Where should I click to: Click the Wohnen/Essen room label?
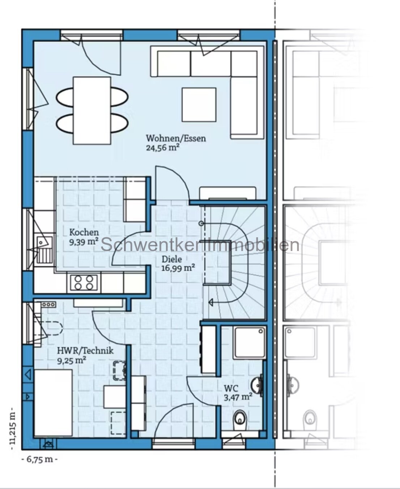tap(176, 138)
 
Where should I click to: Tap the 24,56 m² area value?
tap(162, 148)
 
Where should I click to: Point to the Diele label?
tap(171, 259)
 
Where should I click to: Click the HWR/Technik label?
tap(85, 351)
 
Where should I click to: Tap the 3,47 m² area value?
tap(238, 397)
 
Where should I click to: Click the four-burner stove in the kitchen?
tap(84, 283)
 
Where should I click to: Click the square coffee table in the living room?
tap(199, 105)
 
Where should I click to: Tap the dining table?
tap(92, 111)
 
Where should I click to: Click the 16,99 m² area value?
tap(178, 268)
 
